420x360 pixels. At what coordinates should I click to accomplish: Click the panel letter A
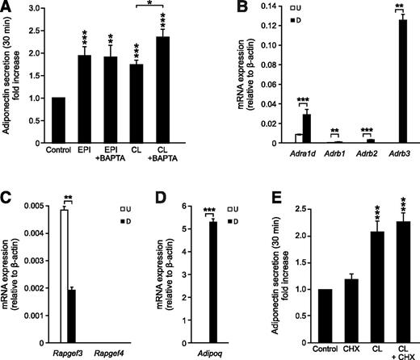click(x=6, y=7)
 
